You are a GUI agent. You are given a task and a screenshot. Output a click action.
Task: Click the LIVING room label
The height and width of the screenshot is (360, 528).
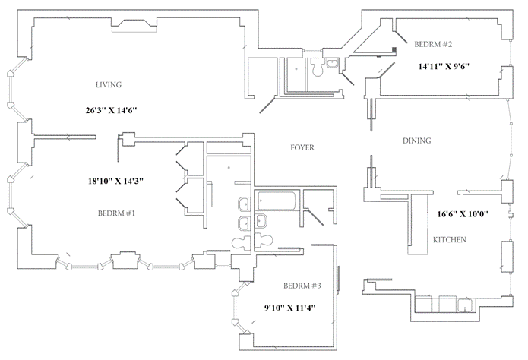(x=109, y=84)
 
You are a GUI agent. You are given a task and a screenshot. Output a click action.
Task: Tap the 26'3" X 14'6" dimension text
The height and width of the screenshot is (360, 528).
(x=111, y=110)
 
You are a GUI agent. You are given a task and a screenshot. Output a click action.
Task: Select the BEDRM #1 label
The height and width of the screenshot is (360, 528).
(x=116, y=213)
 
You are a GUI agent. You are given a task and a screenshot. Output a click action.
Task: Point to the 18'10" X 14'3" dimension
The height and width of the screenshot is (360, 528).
(x=115, y=182)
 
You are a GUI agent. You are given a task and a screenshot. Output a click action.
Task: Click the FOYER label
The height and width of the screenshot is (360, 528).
(x=302, y=147)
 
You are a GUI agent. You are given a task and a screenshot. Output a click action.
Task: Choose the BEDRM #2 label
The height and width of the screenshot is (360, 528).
(x=433, y=44)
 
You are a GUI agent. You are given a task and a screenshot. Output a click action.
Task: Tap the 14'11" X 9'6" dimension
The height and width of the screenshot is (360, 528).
(x=444, y=66)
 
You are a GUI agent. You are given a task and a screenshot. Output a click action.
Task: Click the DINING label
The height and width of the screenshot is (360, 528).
(x=417, y=141)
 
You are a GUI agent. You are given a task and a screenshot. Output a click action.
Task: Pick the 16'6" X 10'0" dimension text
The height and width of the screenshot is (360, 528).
(x=463, y=214)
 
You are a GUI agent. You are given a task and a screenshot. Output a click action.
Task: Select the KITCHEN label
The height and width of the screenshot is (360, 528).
(x=450, y=240)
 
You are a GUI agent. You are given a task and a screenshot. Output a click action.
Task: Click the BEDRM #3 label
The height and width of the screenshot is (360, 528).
(x=302, y=286)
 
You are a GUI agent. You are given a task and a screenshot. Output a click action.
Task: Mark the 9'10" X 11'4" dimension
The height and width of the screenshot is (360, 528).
(x=289, y=308)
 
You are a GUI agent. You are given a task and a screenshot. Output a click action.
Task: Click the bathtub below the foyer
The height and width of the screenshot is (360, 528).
(x=277, y=201)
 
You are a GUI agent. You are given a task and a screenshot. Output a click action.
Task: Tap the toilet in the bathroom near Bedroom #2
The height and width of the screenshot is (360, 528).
(x=317, y=67)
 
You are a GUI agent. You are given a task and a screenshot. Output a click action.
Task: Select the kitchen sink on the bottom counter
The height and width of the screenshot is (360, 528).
(x=466, y=306)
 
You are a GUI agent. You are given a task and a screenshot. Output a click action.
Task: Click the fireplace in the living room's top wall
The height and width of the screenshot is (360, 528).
(x=134, y=26)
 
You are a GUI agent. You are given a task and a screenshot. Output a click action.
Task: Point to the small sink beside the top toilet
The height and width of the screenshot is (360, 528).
(x=332, y=63)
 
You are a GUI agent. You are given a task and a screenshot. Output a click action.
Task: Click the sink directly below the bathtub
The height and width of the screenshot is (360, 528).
(x=261, y=220)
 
